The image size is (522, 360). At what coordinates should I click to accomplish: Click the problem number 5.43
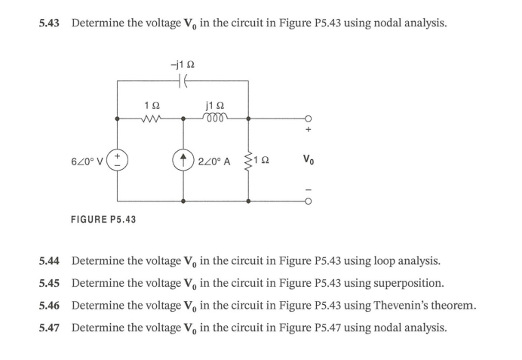[51, 23]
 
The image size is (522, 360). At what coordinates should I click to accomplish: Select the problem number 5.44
[51, 261]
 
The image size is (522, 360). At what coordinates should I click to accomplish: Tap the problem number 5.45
[51, 283]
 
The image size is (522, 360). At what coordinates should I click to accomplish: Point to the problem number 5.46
[51, 306]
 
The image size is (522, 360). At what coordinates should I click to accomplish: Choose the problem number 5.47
[51, 328]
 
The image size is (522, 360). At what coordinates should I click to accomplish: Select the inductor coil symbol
[215, 118]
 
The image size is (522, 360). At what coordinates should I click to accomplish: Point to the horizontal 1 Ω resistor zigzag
[150, 118]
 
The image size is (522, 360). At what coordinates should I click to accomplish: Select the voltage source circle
[118, 160]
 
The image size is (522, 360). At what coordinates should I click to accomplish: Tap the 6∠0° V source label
[88, 160]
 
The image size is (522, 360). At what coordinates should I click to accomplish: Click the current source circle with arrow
[183, 160]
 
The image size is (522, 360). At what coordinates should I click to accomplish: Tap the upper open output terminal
[309, 118]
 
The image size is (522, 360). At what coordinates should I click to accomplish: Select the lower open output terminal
[309, 202]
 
